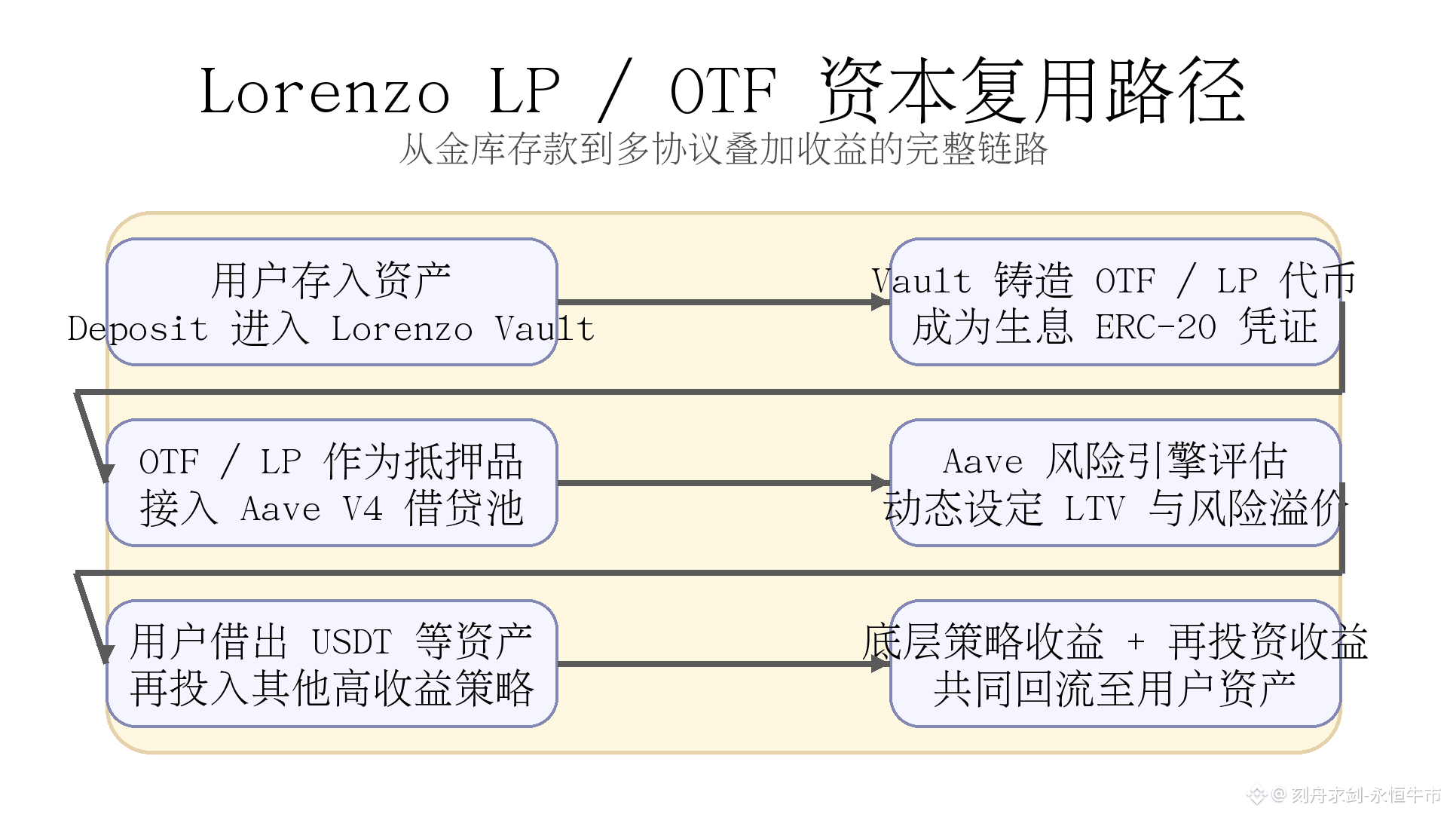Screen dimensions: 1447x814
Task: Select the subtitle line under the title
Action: coord(723,149)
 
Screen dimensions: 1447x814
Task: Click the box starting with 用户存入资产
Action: coord(332,302)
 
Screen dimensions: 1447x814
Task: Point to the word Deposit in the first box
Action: coord(138,329)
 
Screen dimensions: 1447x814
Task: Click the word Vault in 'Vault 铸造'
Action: coord(921,282)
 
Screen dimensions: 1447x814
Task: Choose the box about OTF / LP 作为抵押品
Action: coord(332,483)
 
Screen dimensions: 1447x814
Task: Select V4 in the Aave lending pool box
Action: coord(363,510)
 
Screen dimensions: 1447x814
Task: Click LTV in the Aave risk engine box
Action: coord(1094,510)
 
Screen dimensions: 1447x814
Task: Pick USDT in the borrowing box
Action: coord(352,643)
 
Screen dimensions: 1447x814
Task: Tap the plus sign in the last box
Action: coord(1136,642)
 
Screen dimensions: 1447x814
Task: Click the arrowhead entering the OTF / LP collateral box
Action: coord(106,473)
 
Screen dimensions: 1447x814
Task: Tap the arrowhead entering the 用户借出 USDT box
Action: coord(106,654)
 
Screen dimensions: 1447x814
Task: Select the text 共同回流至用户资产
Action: coord(1114,689)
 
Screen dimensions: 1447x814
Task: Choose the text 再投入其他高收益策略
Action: coord(332,689)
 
